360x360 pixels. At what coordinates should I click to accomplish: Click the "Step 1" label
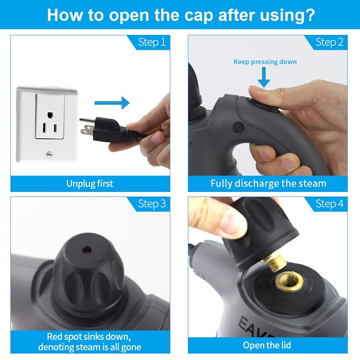point(152,42)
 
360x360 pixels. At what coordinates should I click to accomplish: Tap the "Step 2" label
point(329,42)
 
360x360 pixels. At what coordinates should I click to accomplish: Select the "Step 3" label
point(152,204)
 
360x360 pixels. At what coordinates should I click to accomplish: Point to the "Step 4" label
point(329,204)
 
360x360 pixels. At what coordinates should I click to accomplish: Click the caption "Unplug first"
point(90,184)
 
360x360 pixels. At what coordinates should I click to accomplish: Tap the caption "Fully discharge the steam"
point(268,184)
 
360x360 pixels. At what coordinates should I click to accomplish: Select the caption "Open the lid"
point(267,345)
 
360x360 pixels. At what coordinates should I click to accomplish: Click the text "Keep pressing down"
point(265,62)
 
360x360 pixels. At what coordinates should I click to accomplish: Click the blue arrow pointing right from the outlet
point(112,103)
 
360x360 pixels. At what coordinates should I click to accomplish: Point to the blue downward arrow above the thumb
point(264,77)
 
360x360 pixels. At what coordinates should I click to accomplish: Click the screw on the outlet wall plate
point(49,154)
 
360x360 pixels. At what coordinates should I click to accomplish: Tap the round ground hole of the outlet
point(50,115)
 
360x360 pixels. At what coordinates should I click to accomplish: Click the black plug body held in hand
point(108,129)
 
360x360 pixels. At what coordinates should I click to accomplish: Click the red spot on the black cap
point(87,251)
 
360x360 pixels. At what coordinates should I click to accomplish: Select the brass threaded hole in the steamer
point(289,281)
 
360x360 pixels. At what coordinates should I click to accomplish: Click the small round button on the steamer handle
point(238,127)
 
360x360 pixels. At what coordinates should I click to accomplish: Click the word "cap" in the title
point(199,15)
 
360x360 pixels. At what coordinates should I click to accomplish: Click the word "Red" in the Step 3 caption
point(55,337)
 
